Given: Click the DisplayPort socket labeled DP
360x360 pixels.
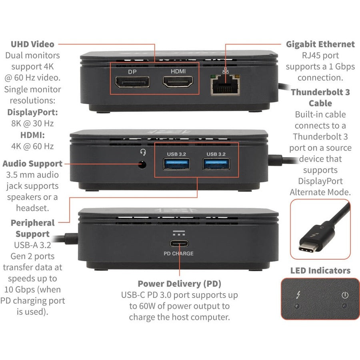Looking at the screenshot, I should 132,83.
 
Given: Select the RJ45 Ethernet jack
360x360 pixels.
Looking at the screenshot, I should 225,86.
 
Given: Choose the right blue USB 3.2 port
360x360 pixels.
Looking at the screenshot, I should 216,164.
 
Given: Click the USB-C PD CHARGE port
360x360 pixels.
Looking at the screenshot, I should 178,244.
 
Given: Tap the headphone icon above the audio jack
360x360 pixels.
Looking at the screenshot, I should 142,152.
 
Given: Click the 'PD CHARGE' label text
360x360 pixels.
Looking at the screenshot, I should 178,254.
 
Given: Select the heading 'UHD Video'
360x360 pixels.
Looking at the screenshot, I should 33,44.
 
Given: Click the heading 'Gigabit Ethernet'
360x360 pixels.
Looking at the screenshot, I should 320,44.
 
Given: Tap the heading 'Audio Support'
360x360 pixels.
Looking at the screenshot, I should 32,164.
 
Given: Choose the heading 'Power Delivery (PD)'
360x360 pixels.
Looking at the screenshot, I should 179,284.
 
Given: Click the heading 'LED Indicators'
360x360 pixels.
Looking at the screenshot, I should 320,270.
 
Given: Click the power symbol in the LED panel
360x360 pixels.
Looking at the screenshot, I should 345,296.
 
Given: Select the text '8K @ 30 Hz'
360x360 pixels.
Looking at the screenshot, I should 32,124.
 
